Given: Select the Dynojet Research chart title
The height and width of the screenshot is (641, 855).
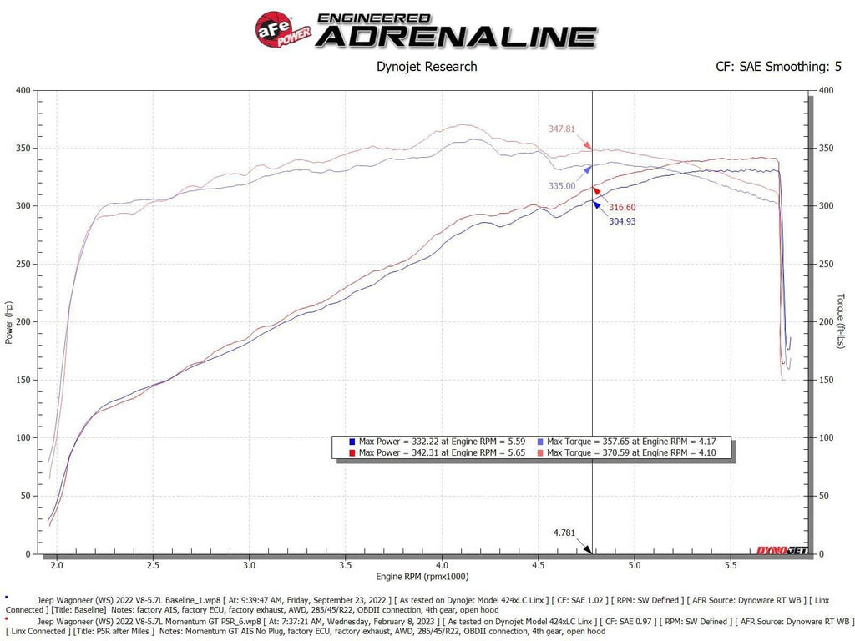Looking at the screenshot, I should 427,67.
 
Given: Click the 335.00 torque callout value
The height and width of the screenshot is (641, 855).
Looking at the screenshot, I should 562,186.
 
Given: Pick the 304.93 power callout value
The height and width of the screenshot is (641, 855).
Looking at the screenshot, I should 617,221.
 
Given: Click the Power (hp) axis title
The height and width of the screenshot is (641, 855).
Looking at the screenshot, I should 9,322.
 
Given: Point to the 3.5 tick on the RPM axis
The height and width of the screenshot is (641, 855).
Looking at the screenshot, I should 345,565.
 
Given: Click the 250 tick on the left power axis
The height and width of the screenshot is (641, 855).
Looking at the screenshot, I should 23,265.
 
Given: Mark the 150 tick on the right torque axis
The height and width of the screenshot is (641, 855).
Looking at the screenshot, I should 827,381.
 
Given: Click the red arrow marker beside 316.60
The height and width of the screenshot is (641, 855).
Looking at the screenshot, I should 595,192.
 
